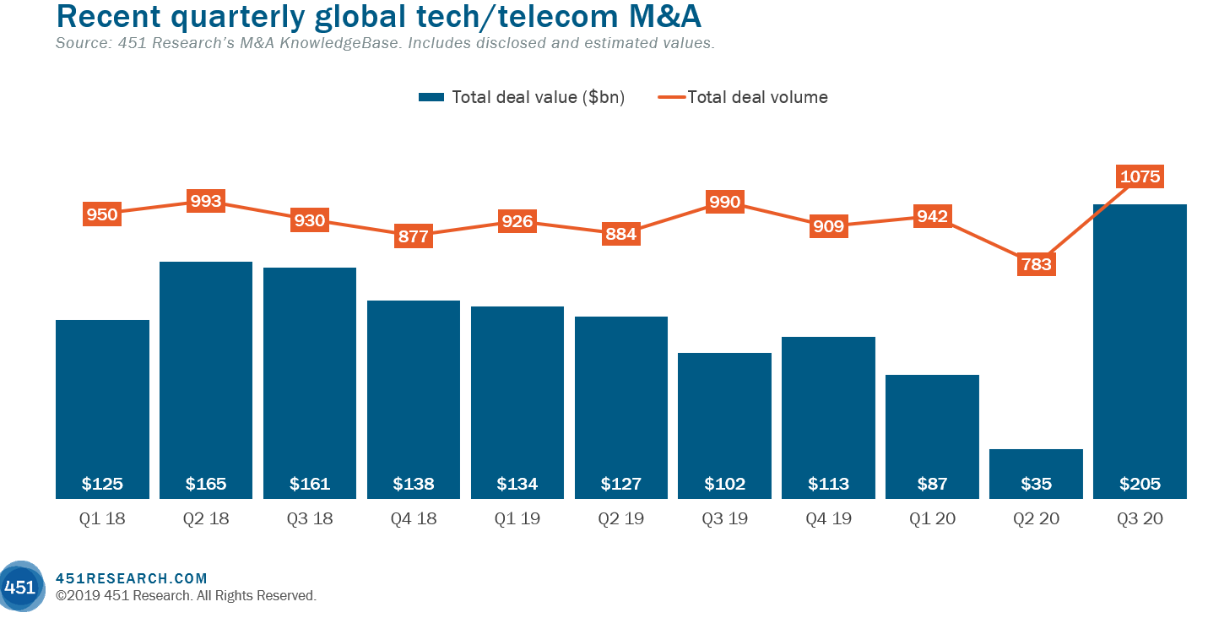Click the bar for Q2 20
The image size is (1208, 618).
(1036, 473)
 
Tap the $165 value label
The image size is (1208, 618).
(206, 484)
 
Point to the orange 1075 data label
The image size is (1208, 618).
(1140, 176)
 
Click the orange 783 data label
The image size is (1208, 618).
(1036, 264)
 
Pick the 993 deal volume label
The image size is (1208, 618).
(206, 201)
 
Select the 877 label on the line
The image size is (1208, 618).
(414, 236)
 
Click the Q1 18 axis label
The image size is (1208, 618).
(102, 519)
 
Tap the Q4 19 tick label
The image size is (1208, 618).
(828, 519)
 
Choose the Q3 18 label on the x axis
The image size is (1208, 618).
(310, 519)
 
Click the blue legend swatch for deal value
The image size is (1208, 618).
(431, 98)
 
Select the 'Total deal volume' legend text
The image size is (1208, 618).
(757, 97)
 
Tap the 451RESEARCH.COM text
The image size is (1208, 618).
(131, 578)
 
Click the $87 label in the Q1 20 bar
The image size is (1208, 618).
(932, 484)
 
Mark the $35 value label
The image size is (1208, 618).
(1036, 484)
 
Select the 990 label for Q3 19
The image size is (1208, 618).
(725, 202)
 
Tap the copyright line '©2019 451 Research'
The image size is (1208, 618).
(186, 595)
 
